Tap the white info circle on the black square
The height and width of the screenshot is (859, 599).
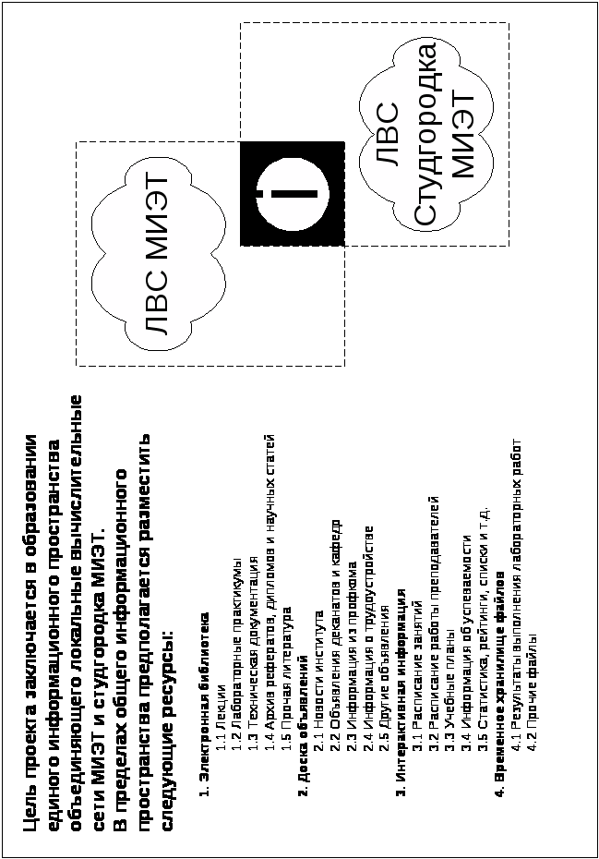click(292, 194)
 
